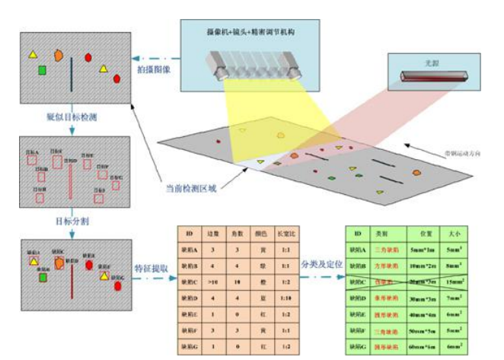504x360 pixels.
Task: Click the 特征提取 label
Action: coord(148,269)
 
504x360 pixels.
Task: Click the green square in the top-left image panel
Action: coord(43,71)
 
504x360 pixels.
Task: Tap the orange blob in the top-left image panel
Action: coord(59,55)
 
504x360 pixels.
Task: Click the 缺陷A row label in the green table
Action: coord(356,250)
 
